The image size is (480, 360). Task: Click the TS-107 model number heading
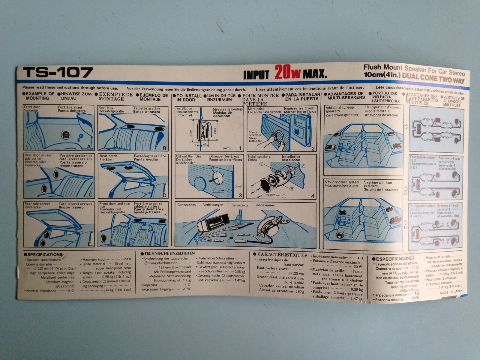coord(58,72)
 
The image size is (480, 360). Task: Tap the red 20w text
coord(287,73)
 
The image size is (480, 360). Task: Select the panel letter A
coord(88,147)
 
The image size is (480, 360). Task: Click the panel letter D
coord(164,195)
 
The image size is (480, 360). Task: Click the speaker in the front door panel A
coord(65,135)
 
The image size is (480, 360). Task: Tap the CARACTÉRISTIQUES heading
coord(280,255)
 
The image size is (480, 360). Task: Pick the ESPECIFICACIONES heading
coord(393,258)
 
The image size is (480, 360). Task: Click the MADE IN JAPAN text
coord(451,291)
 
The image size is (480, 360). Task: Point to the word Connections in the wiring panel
coord(186,205)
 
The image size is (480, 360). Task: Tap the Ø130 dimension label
coord(191,133)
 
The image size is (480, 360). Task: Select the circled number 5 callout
coord(292,188)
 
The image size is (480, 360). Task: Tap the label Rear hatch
coord(108,156)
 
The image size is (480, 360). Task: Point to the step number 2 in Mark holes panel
coord(313,148)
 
